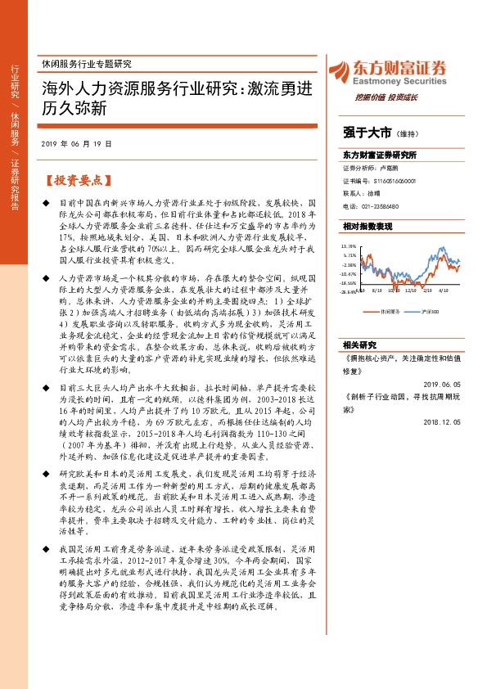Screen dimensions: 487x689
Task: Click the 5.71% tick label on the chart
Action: [x=350, y=254]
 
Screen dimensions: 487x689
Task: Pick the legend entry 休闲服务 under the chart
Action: [x=388, y=311]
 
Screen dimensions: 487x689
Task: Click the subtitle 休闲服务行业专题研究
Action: [x=86, y=63]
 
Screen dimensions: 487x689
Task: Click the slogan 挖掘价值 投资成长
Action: [x=386, y=97]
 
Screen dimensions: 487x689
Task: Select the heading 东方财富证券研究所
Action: [x=380, y=154]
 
